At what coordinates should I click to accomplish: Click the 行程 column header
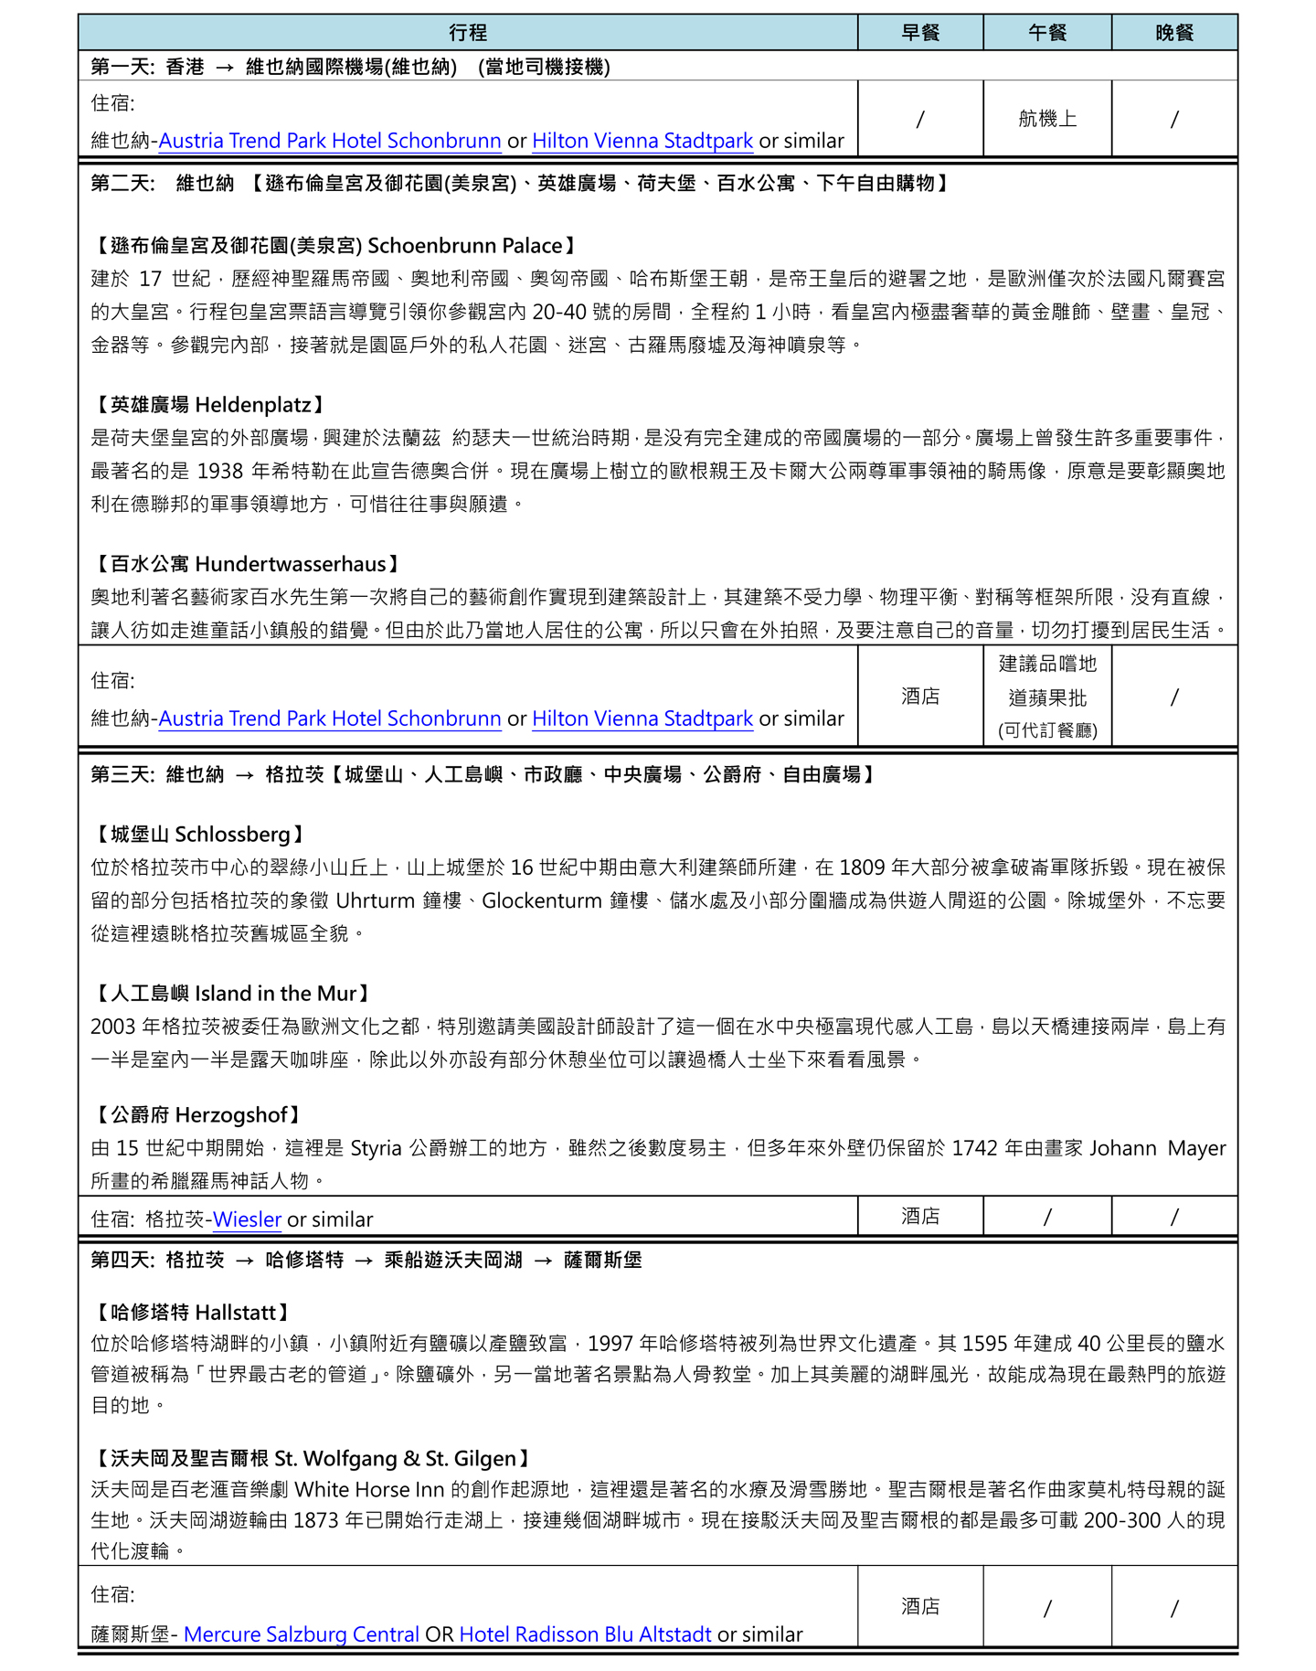coord(468,33)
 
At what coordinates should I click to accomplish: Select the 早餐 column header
coord(919,33)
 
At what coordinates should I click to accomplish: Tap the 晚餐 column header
coord(1174,33)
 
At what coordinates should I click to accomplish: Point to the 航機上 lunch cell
coord(1047,119)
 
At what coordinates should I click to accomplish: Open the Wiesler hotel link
coord(247,1219)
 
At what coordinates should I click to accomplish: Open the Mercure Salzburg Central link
coord(302,1634)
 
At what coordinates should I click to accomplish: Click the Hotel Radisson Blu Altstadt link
coord(585,1634)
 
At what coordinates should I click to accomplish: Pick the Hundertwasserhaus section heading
coord(247,564)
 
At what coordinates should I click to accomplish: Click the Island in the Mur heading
coord(233,994)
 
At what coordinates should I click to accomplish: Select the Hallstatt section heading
coord(194,1313)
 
